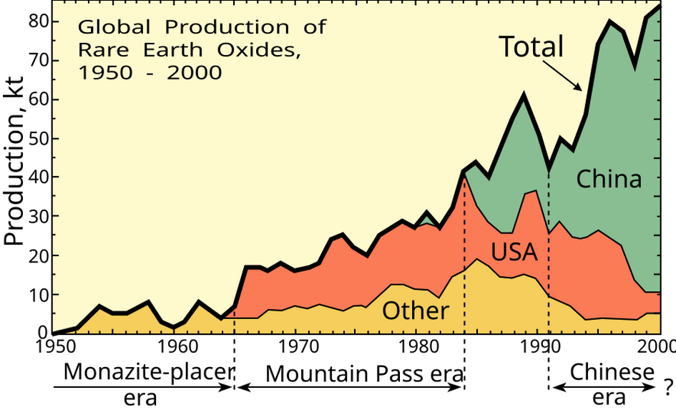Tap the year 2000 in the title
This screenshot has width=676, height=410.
(x=195, y=74)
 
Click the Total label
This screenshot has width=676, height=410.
(x=531, y=47)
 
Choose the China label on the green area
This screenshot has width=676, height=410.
(x=609, y=179)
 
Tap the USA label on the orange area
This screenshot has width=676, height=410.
(x=514, y=253)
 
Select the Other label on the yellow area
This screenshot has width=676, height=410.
(x=415, y=311)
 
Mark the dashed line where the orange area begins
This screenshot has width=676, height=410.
(x=235, y=318)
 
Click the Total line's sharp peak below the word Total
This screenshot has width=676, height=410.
(x=524, y=94)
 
